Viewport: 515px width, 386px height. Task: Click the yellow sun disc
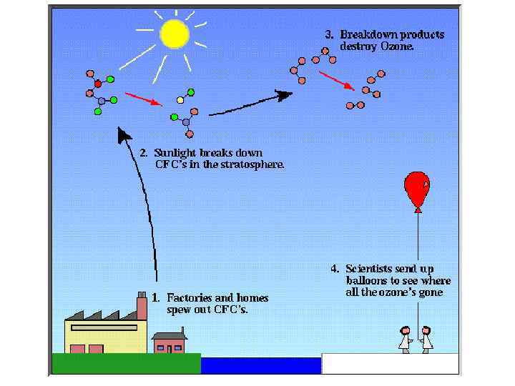pyautogui.click(x=174, y=34)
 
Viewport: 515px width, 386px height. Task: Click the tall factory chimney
pyautogui.click(x=142, y=308)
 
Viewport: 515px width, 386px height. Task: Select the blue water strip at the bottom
pyautogui.click(x=260, y=365)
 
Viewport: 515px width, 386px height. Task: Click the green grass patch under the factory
pyautogui.click(x=126, y=364)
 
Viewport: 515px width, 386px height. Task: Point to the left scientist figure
pyautogui.click(x=405, y=339)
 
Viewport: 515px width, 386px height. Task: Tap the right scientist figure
pyautogui.click(x=426, y=339)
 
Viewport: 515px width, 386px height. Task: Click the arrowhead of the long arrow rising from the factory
pyautogui.click(x=124, y=134)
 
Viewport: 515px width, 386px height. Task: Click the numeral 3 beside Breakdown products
pyautogui.click(x=329, y=34)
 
